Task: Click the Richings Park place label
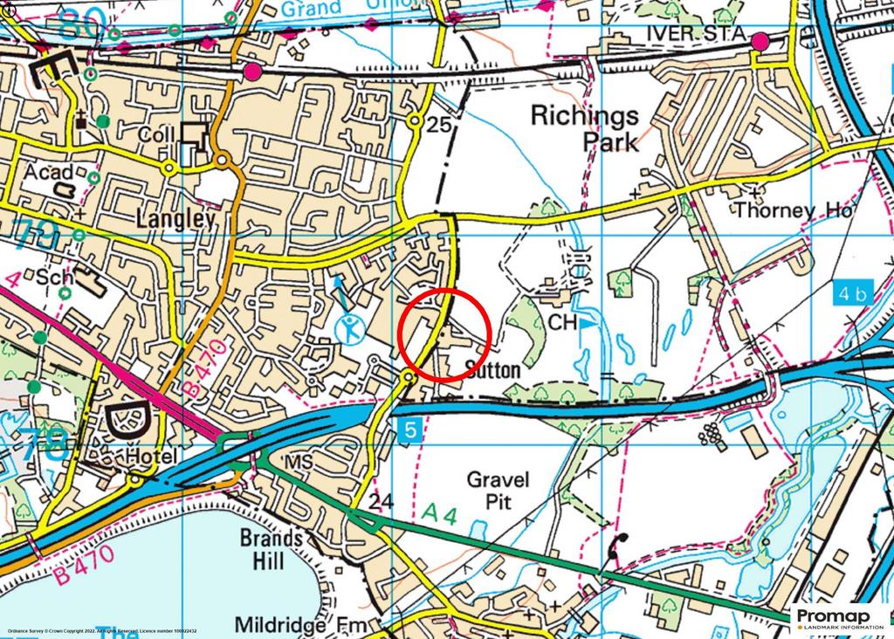585,127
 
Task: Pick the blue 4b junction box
852,293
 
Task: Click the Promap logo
840,618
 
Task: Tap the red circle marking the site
444,333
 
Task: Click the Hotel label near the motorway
150,457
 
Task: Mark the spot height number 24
381,502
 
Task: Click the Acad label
48,173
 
